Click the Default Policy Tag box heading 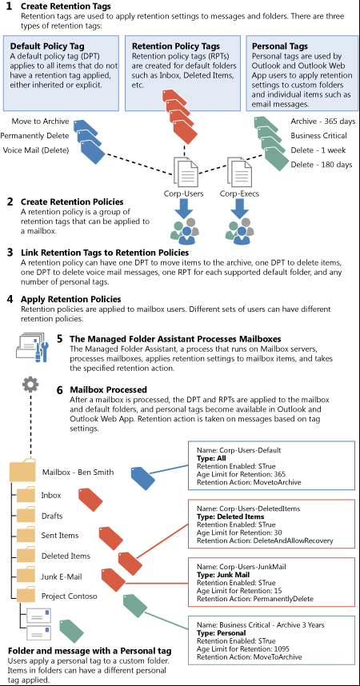tap(47, 46)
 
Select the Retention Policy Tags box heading tap(176, 46)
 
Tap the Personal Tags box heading tap(280, 46)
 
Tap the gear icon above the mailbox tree tap(30, 385)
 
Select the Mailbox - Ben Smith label tap(78, 472)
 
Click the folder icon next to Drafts tap(26, 516)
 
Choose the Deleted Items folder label tap(66, 556)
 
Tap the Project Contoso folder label tap(69, 596)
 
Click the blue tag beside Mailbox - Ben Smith tap(142, 478)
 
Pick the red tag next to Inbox tap(90, 501)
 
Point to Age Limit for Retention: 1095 tap(243, 649)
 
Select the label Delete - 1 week tap(318, 150)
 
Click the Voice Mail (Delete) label tap(36, 150)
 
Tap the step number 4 tap(10, 300)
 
